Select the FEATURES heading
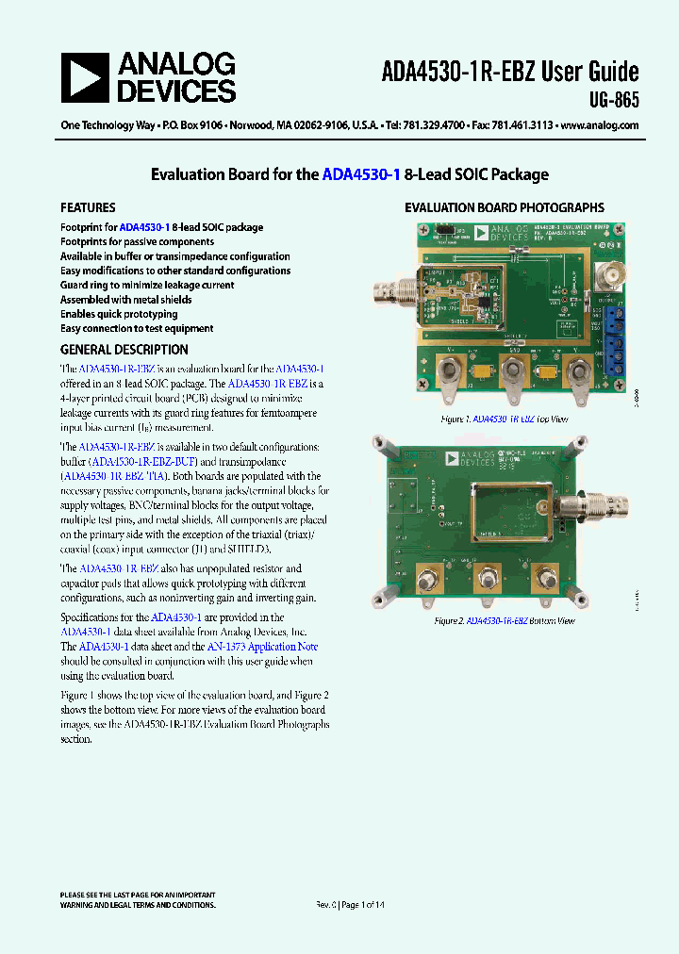pyautogui.click(x=88, y=207)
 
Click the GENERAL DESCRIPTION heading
pyautogui.click(x=124, y=350)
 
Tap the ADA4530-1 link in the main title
pyautogui.click(x=361, y=174)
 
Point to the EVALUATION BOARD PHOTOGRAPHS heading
pyautogui.click(x=505, y=207)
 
